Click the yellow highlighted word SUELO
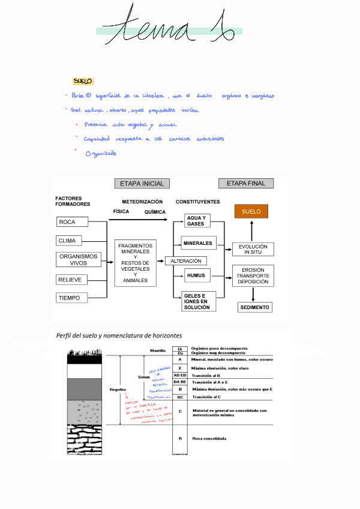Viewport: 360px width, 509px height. click(82, 81)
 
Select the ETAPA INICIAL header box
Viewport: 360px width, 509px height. click(142, 183)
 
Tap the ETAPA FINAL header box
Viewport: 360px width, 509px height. click(245, 183)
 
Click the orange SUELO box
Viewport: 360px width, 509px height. click(251, 211)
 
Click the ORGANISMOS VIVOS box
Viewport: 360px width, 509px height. click(78, 259)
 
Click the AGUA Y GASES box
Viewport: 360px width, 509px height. click(196, 220)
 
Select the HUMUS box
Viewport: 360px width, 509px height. click(196, 276)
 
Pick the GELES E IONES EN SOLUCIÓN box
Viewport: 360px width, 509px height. click(198, 301)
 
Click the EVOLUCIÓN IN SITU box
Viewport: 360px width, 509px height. click(253, 249)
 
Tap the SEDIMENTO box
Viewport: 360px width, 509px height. click(254, 307)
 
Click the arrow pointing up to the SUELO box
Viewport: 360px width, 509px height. click(251, 230)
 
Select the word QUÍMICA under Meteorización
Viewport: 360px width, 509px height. click(155, 212)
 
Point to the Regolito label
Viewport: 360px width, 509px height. click(118, 390)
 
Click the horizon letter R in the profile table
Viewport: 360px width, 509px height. click(180, 439)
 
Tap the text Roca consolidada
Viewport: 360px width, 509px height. click(209, 439)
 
